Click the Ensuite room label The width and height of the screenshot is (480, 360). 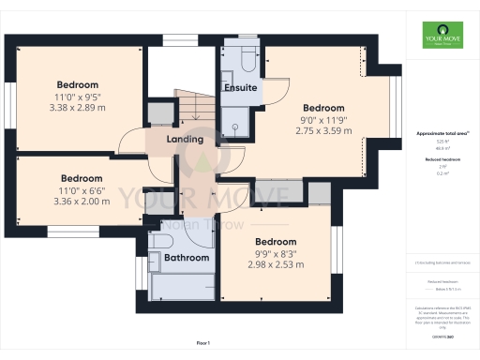click(240, 87)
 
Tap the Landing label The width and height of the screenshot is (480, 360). click(185, 140)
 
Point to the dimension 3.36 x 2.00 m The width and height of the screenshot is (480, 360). click(81, 201)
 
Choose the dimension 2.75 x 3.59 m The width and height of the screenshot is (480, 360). click(322, 131)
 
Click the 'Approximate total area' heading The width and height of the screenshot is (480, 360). click(444, 134)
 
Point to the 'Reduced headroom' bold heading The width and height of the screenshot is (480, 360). click(444, 159)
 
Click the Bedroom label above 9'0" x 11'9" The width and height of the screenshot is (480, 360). click(322, 107)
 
